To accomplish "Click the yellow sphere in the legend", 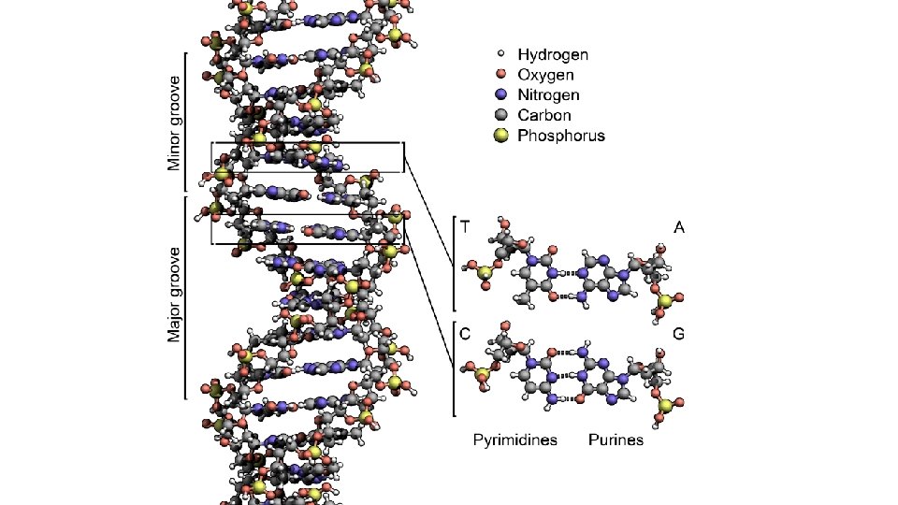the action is [500, 136].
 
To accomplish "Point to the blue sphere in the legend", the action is [500, 95].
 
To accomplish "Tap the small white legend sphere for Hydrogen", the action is [500, 55].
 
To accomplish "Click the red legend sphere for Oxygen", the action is [500, 75].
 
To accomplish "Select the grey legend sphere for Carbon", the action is [500, 115].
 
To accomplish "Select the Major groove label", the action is [174, 295].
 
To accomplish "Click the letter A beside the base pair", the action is [679, 227].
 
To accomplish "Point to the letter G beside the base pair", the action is [679, 332].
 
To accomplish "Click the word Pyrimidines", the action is [515, 440].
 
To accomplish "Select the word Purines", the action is [616, 440].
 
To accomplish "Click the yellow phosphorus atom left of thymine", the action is [475, 271].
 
